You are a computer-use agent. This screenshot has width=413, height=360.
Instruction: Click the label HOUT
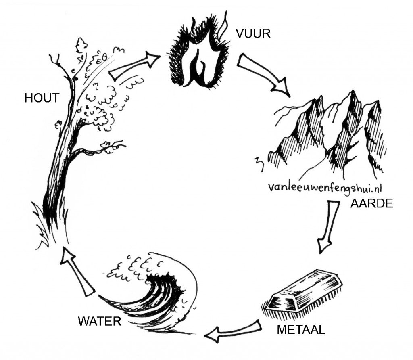[x=42, y=98]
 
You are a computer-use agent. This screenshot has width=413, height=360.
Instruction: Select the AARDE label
[x=371, y=203]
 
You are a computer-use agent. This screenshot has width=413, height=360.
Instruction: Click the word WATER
[x=100, y=321]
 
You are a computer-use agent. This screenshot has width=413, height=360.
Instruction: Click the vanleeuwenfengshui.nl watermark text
[x=326, y=188]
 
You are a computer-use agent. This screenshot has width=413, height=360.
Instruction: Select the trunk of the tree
[x=60, y=161]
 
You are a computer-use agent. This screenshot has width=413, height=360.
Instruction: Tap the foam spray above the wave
[x=133, y=266]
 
